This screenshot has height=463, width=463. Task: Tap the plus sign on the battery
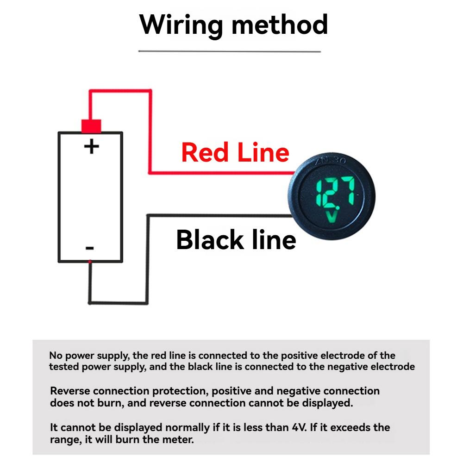91,147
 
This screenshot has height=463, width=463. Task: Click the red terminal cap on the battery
91,125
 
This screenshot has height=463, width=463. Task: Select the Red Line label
235,152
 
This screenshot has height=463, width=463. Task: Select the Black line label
236,240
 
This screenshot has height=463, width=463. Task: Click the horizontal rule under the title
230,51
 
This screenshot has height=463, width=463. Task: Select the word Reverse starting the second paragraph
69,391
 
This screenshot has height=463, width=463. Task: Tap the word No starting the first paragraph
55,356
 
